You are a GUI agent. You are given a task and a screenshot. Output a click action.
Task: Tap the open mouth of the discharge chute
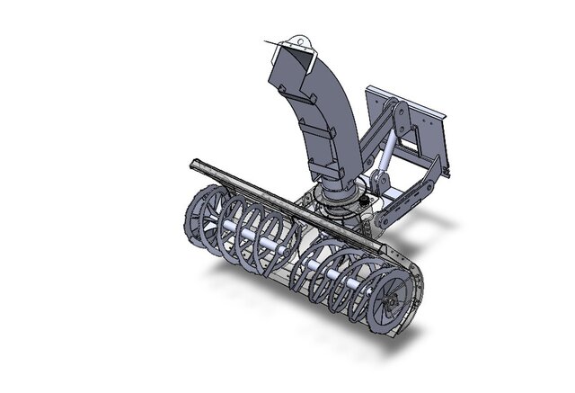coord(289,64)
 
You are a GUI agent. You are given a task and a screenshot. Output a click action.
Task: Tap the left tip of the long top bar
coord(193,165)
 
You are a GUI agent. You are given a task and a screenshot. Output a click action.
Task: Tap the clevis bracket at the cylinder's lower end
coord(379,184)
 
